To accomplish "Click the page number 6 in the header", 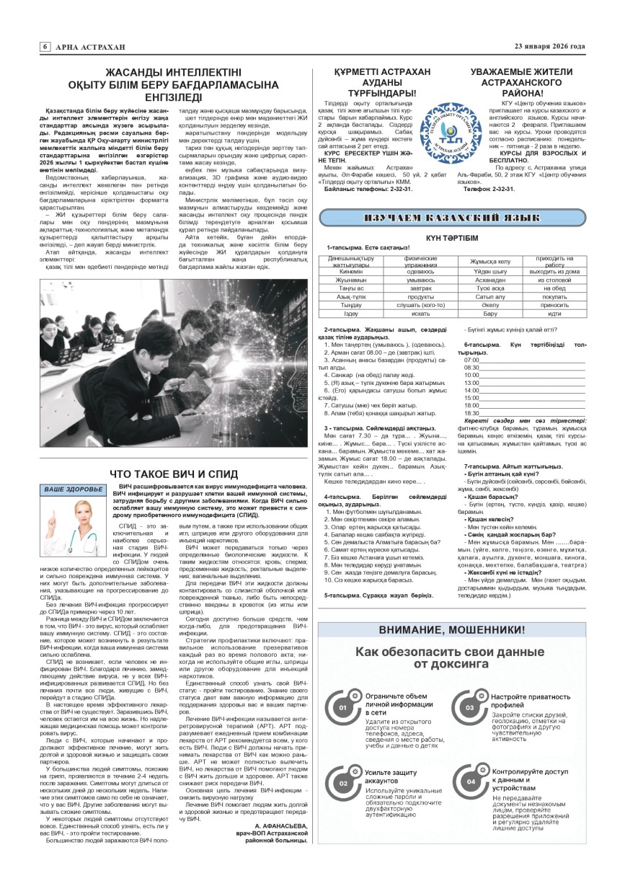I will (45, 47).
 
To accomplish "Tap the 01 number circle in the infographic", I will (343, 707).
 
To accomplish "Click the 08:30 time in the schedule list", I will (472, 367).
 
